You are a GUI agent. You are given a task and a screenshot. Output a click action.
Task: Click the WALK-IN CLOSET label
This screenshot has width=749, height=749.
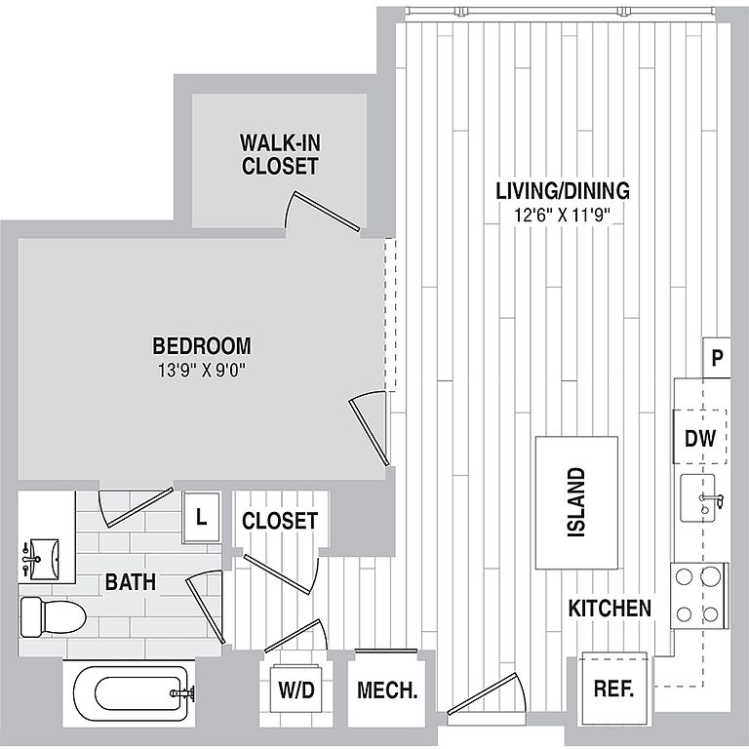280,154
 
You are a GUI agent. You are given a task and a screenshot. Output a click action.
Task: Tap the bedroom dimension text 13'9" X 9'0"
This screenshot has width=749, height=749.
202,371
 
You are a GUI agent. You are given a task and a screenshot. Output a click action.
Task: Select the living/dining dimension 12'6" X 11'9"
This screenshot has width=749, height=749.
563,216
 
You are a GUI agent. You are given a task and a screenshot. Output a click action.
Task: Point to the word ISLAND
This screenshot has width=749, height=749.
576,502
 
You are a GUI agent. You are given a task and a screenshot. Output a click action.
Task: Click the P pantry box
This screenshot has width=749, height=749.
717,357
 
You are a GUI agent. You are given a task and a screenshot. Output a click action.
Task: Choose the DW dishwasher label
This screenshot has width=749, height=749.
700,438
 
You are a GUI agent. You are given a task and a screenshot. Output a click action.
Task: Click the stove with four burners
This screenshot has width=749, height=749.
699,595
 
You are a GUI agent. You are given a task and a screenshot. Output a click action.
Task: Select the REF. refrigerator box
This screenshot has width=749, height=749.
613,689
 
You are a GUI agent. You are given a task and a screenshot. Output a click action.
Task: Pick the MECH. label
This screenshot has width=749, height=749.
387,690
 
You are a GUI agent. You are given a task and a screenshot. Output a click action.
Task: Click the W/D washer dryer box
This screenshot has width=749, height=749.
296,690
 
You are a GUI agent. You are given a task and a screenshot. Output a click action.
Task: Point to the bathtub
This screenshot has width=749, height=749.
130,693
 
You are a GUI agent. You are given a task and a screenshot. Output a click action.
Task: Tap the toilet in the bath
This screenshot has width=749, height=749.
53,616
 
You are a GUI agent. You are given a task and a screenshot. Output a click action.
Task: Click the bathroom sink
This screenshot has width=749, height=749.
42,559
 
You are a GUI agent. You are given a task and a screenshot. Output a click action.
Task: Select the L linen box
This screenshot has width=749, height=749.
201,517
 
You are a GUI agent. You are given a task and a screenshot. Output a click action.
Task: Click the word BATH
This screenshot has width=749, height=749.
131,582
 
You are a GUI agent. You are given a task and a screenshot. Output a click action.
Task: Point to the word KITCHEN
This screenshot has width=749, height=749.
610,609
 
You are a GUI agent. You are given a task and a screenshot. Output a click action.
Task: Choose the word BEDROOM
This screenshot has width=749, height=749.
202,346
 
